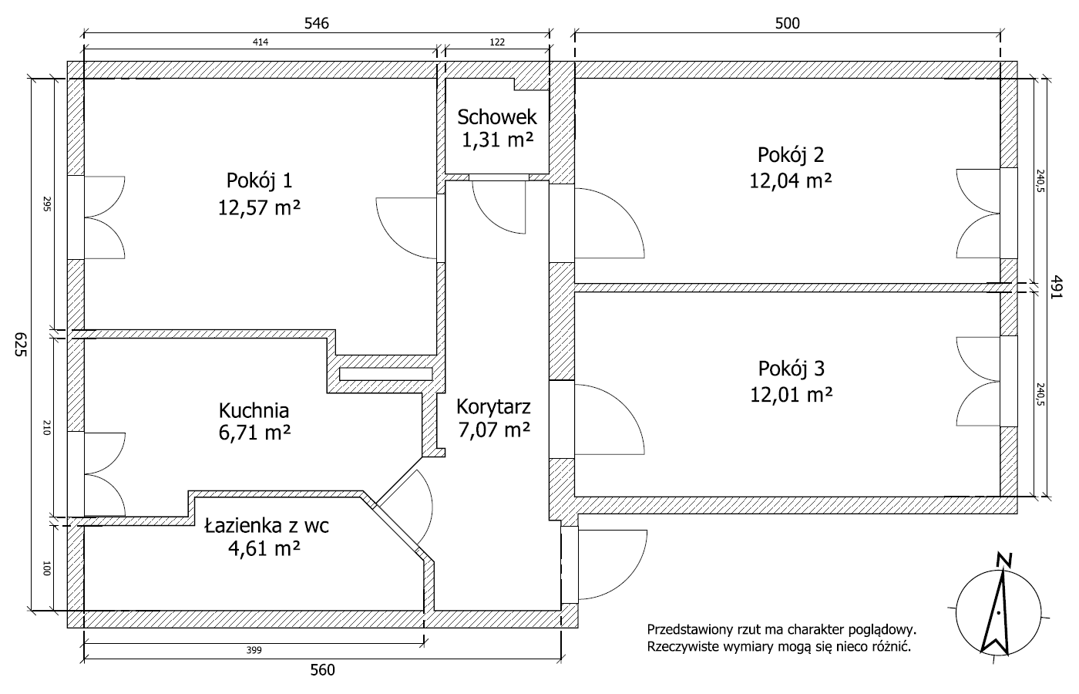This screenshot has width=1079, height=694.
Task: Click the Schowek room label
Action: (x=497, y=117)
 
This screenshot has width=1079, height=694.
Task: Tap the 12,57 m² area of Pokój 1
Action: (x=260, y=207)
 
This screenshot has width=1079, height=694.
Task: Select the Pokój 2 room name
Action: (x=791, y=155)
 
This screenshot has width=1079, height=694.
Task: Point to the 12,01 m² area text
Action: (x=792, y=395)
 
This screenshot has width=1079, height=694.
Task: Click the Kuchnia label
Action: (x=254, y=410)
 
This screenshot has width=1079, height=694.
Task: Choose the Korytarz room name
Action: (x=493, y=407)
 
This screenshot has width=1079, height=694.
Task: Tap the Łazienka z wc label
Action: (x=267, y=525)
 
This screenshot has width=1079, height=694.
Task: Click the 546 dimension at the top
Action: (x=317, y=23)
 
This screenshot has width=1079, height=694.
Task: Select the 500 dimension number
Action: (x=787, y=23)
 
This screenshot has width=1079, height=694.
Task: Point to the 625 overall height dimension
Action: (x=20, y=344)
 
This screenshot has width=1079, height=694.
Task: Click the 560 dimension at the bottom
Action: (x=322, y=670)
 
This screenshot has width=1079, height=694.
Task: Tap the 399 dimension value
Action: (x=254, y=650)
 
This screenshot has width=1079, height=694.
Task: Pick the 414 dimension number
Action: (x=261, y=42)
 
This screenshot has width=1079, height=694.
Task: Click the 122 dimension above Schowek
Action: (x=497, y=42)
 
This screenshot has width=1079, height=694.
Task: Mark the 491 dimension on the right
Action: (x=1056, y=287)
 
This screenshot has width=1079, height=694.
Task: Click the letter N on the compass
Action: (x=1004, y=560)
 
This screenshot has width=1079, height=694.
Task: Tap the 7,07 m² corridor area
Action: (x=494, y=430)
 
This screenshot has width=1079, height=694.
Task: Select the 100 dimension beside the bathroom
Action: (x=46, y=568)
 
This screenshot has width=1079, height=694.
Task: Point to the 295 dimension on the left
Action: (x=46, y=204)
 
